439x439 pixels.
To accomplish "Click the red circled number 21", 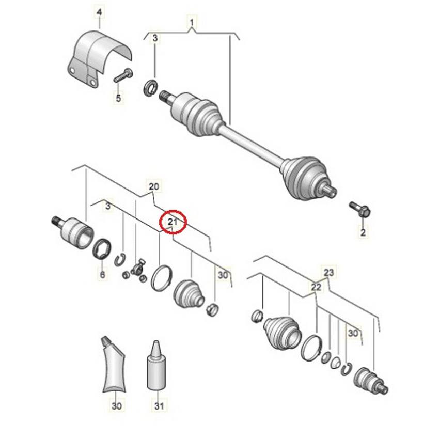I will click(173, 222).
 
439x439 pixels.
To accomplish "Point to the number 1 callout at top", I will click(192, 23).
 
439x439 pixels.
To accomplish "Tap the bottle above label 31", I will click(155, 367).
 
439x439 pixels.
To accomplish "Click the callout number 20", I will click(153, 186).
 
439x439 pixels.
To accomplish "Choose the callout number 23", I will click(329, 272).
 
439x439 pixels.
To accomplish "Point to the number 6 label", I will click(102, 275).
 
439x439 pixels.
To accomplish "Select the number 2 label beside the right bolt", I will click(363, 233).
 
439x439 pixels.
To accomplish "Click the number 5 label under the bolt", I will click(118, 98).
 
